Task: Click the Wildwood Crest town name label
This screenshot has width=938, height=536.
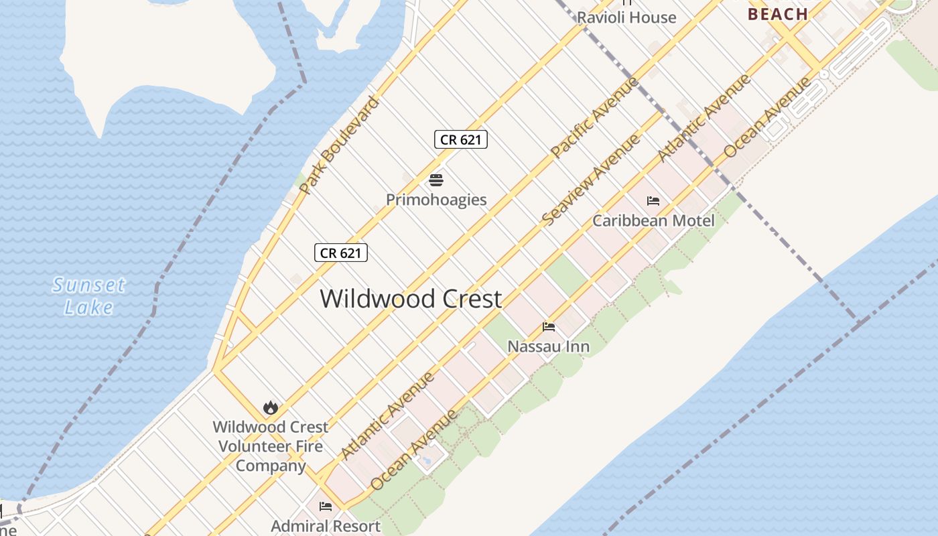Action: pos(411,299)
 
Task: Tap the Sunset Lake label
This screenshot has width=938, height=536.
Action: pos(88,296)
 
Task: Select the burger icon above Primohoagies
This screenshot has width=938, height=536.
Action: pos(436,180)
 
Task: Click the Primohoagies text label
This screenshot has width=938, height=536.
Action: pos(436,200)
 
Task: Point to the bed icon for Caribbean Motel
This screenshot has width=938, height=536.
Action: pos(653,200)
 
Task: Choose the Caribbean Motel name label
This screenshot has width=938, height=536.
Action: pos(653,220)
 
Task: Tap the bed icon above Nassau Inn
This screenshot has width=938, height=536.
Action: pos(549,327)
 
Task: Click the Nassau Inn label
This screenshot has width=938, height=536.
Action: pos(549,346)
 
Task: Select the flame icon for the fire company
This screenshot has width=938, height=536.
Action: pos(271,407)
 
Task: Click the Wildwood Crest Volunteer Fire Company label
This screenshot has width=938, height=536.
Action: pos(271,446)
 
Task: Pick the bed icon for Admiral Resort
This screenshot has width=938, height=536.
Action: pos(326,507)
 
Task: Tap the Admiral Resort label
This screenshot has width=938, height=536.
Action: pos(326,526)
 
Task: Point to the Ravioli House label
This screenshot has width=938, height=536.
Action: pos(626,17)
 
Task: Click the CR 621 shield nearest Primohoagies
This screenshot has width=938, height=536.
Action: pos(460,139)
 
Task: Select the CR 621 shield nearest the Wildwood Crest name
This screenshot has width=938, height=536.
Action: pos(341,253)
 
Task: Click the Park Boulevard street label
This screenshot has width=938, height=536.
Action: pos(339,145)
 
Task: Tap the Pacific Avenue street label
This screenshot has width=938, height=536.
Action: pos(595,118)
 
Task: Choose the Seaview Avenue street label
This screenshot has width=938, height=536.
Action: pos(590,180)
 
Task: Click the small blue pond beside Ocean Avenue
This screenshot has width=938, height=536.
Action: pos(425,461)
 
